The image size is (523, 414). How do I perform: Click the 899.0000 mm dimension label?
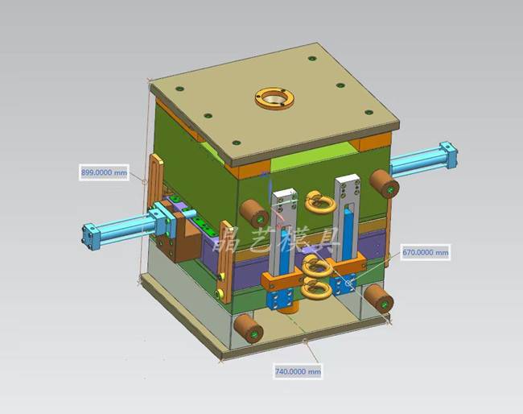click(x=104, y=172)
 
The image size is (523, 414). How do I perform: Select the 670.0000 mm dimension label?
click(x=426, y=252)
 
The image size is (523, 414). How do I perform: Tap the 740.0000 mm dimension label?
click(x=298, y=371)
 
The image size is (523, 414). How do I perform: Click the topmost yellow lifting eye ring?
click(x=321, y=201)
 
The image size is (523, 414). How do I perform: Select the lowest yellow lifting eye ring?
click(x=316, y=289)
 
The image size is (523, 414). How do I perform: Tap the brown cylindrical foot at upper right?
click(x=384, y=183)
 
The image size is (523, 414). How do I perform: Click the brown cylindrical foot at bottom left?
click(x=249, y=328)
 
